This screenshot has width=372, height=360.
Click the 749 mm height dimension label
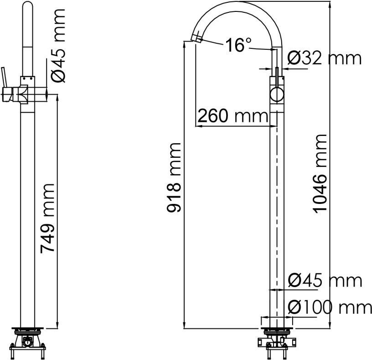point(47,218)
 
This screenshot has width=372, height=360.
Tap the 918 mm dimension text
point(174,177)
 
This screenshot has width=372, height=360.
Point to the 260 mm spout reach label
point(233,115)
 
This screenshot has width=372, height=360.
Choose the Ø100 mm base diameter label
point(330,307)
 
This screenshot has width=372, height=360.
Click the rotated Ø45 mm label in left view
point(57,45)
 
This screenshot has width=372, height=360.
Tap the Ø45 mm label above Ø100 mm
point(325,281)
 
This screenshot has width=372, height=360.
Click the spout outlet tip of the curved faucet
point(196,38)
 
